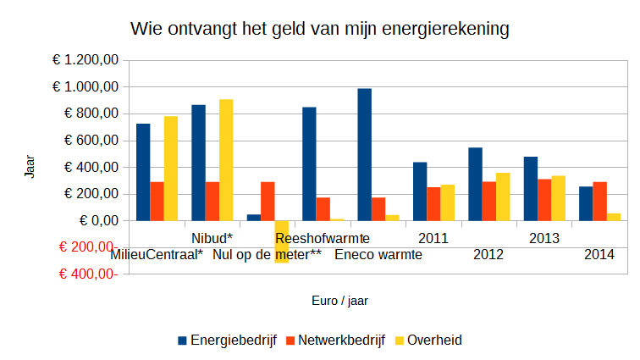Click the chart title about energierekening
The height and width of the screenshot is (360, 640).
pyautogui.click(x=320, y=30)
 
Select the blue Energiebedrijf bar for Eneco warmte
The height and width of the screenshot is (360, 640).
pyautogui.click(x=365, y=154)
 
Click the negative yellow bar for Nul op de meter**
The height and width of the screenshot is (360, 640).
pyautogui.click(x=281, y=241)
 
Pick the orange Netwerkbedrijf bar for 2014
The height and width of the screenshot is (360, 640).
pyautogui.click(x=599, y=201)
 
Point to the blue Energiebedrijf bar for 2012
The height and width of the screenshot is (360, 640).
pyautogui.click(x=475, y=184)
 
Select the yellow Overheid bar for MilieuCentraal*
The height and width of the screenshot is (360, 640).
pyautogui.click(x=171, y=168)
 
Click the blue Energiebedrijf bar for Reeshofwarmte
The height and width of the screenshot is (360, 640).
pyautogui.click(x=309, y=163)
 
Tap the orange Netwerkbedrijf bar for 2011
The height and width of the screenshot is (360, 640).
pyautogui.click(x=433, y=203)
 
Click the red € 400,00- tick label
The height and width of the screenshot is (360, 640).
pyautogui.click(x=88, y=274)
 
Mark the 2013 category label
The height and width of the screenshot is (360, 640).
pyautogui.click(x=544, y=238)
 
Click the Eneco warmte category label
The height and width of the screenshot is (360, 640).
pyautogui.click(x=378, y=254)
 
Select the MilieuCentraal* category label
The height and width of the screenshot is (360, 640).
pyautogui.click(x=156, y=254)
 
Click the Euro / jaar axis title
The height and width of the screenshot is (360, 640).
pyautogui.click(x=339, y=300)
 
